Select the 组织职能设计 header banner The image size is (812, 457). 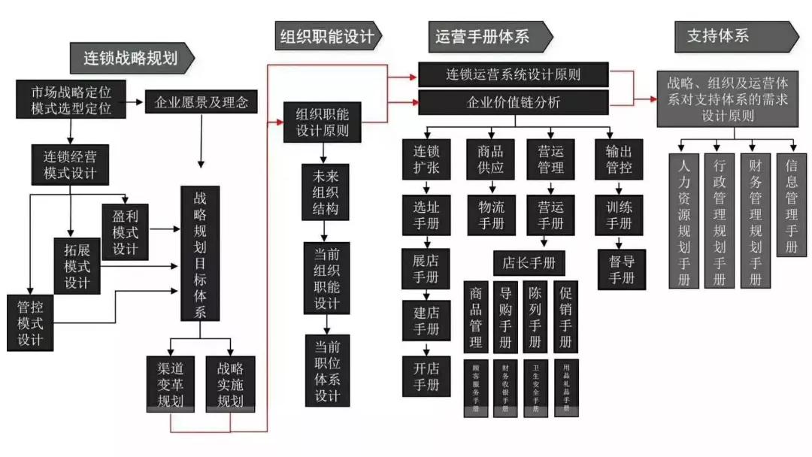click(x=327, y=35)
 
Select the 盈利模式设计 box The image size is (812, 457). click(x=126, y=230)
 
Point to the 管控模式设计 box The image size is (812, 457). click(x=30, y=322)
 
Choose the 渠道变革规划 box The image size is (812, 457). click(x=170, y=383)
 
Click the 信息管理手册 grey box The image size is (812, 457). click(x=791, y=204)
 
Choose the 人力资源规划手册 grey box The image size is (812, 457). click(x=683, y=221)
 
